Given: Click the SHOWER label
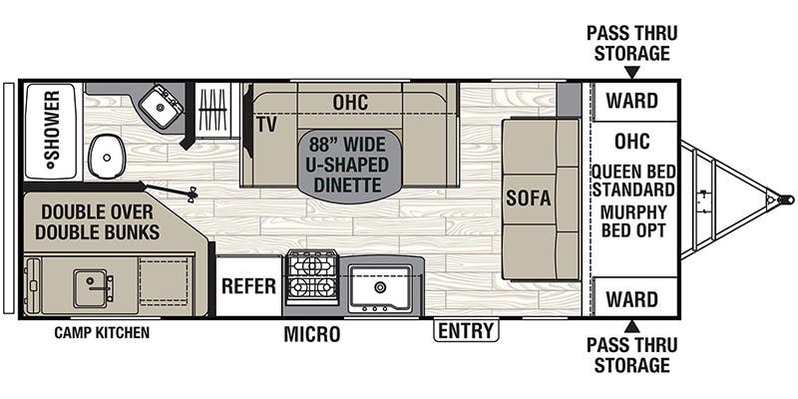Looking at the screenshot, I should (52, 131).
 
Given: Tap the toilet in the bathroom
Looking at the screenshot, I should (107, 157).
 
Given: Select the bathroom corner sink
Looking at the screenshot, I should (160, 106).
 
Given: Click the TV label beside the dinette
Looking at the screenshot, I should (265, 125).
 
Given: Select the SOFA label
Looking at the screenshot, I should (529, 198).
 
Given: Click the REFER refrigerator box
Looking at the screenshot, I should (248, 286).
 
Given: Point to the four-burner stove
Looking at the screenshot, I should (311, 276).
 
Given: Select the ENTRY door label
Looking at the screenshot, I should (465, 330).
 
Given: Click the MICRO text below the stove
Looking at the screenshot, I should (311, 334).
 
